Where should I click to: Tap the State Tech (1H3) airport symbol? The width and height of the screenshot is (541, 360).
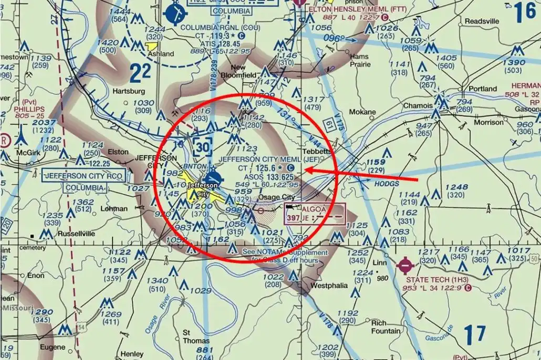coord(405,265)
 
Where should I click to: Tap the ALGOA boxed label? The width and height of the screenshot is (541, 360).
coord(314,209)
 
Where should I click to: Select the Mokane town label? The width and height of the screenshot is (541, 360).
coord(363,112)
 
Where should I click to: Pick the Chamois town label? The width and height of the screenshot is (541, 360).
coord(418,106)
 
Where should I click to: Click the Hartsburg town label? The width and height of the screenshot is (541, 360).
coord(129,91)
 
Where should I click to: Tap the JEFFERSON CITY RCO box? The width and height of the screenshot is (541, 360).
coord(84,176)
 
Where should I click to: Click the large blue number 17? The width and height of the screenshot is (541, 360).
coord(475,335)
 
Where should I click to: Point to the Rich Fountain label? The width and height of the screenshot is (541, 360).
coord(386,327)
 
